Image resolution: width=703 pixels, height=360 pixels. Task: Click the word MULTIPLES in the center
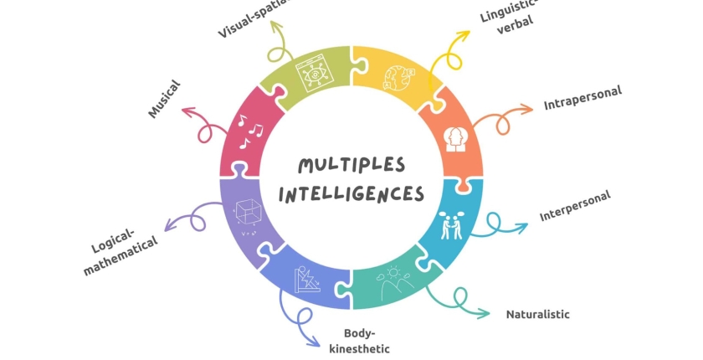click(x=351, y=166)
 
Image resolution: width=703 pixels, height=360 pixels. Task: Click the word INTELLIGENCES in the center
click(x=351, y=194)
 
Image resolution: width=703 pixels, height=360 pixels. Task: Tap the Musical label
click(x=164, y=99)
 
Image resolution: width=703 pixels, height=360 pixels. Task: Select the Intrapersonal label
click(x=582, y=97)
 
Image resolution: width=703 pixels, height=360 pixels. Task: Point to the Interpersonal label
click(x=575, y=206)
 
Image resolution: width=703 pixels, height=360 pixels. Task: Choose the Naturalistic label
click(x=537, y=314)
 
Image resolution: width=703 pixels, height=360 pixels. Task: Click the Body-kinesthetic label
click(x=359, y=341)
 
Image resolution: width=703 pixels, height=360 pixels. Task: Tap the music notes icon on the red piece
click(x=250, y=131)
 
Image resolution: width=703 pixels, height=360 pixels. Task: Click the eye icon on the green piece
click(x=315, y=74)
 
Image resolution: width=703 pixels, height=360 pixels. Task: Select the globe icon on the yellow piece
click(x=398, y=78)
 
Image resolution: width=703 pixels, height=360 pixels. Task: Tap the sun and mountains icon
click(x=394, y=283)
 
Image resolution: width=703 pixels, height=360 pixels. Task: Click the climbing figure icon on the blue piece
click(x=307, y=280)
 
